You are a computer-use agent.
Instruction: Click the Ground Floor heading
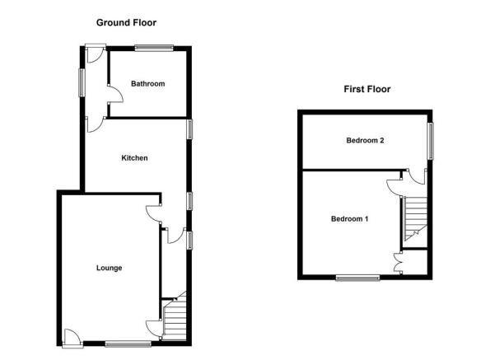click(x=126, y=23)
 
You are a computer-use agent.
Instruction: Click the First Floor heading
click(x=367, y=89)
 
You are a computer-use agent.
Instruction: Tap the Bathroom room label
click(x=147, y=84)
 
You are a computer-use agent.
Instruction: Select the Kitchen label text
click(x=134, y=158)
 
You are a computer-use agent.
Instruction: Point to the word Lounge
click(x=110, y=268)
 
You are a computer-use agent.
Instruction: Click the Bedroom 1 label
click(x=349, y=219)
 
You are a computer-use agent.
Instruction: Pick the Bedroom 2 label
click(x=365, y=141)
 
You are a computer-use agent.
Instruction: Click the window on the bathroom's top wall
click(x=154, y=48)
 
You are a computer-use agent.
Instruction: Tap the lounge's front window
click(x=128, y=344)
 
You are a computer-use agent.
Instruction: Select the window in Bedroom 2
click(x=430, y=141)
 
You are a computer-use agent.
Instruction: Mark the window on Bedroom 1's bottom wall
click(x=357, y=278)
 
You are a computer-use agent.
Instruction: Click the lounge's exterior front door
click(x=73, y=339)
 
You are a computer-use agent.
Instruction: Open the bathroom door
click(x=115, y=94)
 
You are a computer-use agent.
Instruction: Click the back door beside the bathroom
click(x=95, y=53)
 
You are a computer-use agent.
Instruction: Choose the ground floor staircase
click(x=174, y=316)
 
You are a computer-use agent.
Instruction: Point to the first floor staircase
click(x=415, y=222)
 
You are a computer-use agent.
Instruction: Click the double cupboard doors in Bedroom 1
click(x=398, y=262)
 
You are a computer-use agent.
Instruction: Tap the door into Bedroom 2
click(x=417, y=176)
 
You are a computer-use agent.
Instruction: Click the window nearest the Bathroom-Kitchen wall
click(x=189, y=129)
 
